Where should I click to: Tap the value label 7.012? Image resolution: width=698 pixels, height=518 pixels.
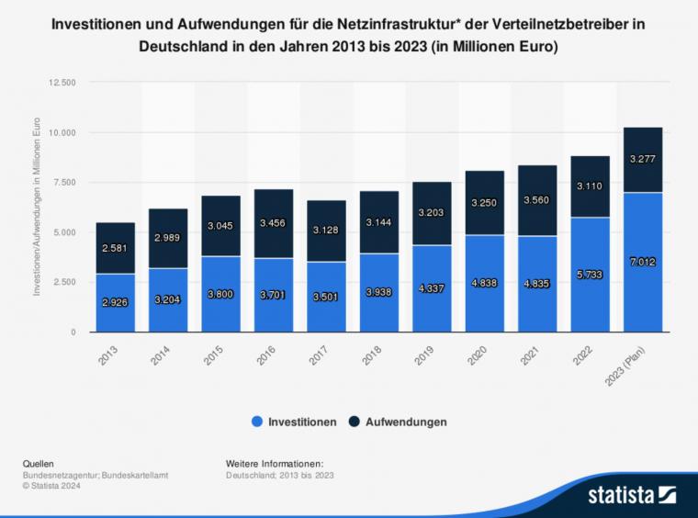pos(643,262)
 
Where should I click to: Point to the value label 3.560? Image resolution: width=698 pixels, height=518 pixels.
pos(537,199)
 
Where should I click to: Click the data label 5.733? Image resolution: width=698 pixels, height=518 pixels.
pos(591,274)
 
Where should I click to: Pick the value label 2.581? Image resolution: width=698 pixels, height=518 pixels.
pos(116,248)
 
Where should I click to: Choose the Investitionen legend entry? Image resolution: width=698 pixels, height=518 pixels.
pos(294,422)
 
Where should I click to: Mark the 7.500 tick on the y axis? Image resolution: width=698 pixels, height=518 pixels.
pos(66,182)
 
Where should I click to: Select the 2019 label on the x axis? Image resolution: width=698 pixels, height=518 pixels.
pos(425,355)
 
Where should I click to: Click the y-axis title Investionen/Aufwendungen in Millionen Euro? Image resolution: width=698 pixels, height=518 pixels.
pos(37,207)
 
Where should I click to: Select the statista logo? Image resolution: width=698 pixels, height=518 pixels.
pos(633,496)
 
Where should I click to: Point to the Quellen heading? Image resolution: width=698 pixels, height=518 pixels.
pos(39,464)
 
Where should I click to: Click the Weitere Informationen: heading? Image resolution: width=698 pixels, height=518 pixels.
pos(275,464)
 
